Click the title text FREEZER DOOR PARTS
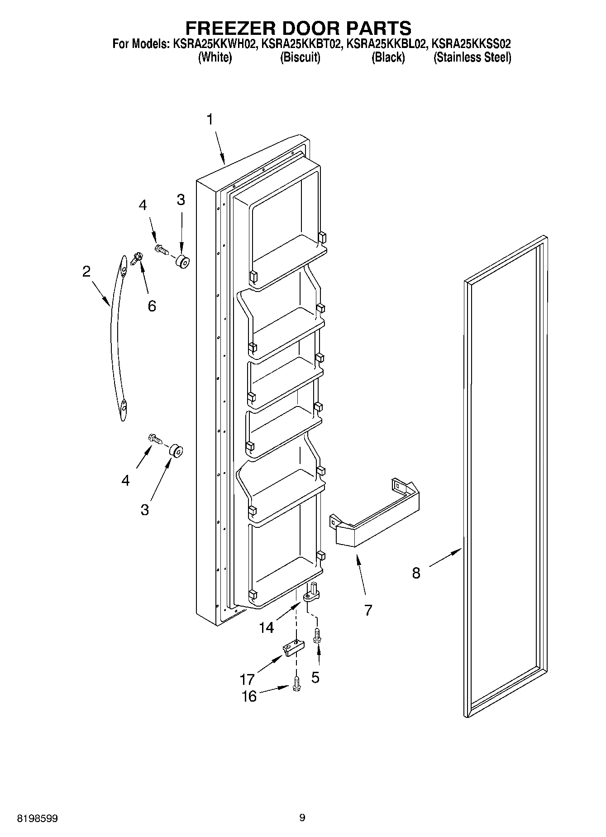pos(298,28)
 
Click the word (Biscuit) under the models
pos(300,57)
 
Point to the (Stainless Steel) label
pos(472,57)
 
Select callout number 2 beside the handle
pos(86,271)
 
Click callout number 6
pos(152,306)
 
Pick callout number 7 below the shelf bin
pos(368,610)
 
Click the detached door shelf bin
pos(376,516)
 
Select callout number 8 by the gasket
pos(416,573)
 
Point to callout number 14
pos(267,627)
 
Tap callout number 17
pos(247,679)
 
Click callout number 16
pos(249,696)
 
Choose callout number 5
pos(315,677)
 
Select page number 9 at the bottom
pos(302,818)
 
